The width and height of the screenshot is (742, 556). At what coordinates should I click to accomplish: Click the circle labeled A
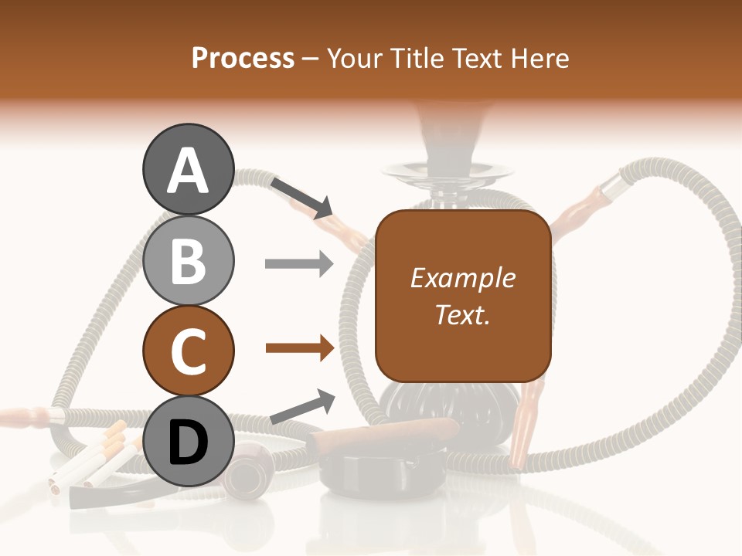(188, 169)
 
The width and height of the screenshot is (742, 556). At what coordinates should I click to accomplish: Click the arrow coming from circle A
(301, 197)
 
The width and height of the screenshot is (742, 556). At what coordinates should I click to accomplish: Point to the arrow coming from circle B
(298, 264)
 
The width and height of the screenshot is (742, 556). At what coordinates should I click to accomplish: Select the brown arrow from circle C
(299, 348)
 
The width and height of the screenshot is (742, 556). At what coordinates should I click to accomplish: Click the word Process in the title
(243, 58)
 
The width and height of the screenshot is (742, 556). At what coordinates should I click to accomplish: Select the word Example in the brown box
(463, 278)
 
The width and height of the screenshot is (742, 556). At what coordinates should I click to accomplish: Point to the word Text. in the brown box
(463, 314)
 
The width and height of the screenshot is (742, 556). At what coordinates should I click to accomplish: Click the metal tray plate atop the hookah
(441, 169)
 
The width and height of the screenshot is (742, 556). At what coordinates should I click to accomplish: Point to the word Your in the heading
(356, 58)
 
